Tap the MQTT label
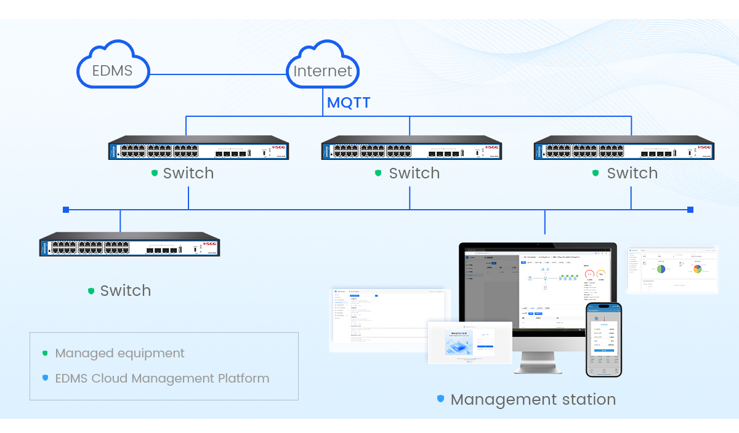tap(349, 102)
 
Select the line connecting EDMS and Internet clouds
tap(219, 74)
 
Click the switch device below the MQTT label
tap(411, 148)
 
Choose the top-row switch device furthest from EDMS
tap(624, 148)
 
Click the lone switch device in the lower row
tap(129, 244)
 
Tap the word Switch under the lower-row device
tap(126, 290)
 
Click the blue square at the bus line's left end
tap(66, 210)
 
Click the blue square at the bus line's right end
tap(690, 210)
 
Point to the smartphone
tap(604, 339)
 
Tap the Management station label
tap(533, 400)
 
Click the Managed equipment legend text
tap(119, 353)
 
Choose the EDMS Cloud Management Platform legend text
tap(162, 378)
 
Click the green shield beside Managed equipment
tap(45, 353)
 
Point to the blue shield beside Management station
tap(440, 399)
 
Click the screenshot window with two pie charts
tap(672, 270)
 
